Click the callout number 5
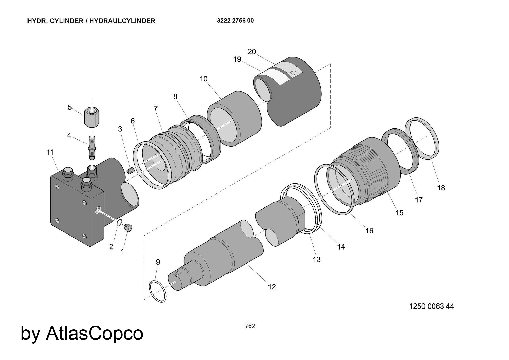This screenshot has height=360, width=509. (x=69, y=107)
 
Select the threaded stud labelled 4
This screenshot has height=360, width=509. (x=92, y=147)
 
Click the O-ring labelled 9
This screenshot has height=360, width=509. (x=158, y=291)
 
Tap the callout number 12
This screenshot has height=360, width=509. (x=272, y=287)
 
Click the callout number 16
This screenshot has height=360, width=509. (x=369, y=231)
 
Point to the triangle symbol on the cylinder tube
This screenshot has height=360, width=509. (x=293, y=73)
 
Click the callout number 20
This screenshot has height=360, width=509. (x=252, y=52)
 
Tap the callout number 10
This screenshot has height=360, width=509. (x=204, y=79)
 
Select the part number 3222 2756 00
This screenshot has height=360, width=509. (x=235, y=21)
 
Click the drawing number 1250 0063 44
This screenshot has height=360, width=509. (x=431, y=306)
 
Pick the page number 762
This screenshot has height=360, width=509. (x=250, y=326)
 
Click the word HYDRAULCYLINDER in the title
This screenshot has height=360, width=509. (x=122, y=21)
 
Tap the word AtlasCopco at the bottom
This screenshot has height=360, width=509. (x=94, y=333)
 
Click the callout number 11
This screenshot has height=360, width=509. (x=50, y=152)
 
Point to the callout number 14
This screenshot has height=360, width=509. (x=341, y=247)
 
